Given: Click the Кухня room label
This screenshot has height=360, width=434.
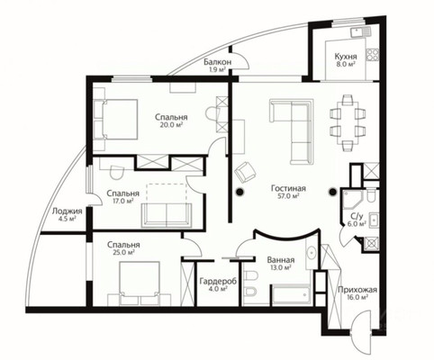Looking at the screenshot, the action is (x=346, y=57).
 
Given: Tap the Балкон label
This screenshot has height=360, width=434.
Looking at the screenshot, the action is (x=218, y=62).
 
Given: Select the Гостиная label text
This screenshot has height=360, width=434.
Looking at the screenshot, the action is (x=288, y=188).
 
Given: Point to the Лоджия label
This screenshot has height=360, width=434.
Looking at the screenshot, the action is (x=67, y=211).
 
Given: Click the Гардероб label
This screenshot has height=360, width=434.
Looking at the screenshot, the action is (x=218, y=282).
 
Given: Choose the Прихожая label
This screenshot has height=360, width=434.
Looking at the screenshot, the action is (x=357, y=290).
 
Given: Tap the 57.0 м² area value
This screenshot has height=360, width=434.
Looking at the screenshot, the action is (x=288, y=196).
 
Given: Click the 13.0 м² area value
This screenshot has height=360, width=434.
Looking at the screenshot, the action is (x=281, y=267).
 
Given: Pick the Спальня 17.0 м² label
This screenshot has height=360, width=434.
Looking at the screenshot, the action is (x=122, y=196).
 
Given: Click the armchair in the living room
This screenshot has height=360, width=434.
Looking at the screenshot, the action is (x=246, y=172).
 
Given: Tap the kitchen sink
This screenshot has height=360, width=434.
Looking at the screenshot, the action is (x=361, y=31).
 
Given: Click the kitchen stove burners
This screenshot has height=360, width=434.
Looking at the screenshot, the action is (x=372, y=55).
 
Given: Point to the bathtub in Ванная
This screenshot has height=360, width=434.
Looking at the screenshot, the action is (x=291, y=294).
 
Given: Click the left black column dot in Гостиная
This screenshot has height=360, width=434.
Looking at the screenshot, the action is (x=240, y=192).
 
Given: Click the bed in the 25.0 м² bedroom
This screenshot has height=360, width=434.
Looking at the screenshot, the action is (x=139, y=280).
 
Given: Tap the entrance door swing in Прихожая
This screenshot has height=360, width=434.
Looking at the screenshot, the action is (x=362, y=322).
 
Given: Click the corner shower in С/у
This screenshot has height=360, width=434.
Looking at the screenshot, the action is (x=353, y=200).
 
